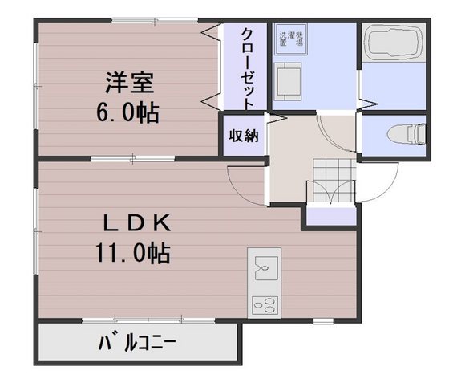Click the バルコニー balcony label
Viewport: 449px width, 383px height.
point(138,345)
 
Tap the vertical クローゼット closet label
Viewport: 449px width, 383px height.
point(247,67)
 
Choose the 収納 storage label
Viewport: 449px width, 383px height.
point(245,135)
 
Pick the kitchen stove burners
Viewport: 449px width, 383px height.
point(264,304)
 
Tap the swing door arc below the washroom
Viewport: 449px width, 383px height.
point(332,128)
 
